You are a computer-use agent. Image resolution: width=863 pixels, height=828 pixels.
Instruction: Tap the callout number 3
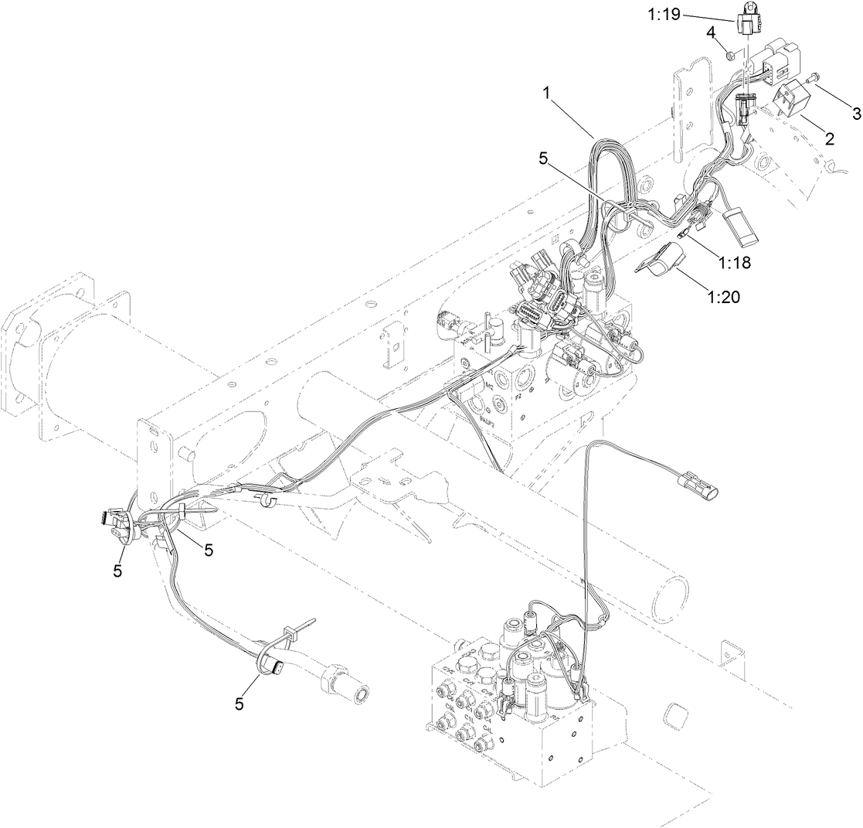(855, 114)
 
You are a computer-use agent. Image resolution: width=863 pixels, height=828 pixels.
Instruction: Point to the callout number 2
(829, 139)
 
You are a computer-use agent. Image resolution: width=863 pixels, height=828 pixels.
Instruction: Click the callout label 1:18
(735, 261)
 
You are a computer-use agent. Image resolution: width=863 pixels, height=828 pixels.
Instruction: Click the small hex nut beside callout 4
(729, 53)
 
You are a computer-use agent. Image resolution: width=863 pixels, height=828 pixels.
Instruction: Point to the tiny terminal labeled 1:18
(681, 230)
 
